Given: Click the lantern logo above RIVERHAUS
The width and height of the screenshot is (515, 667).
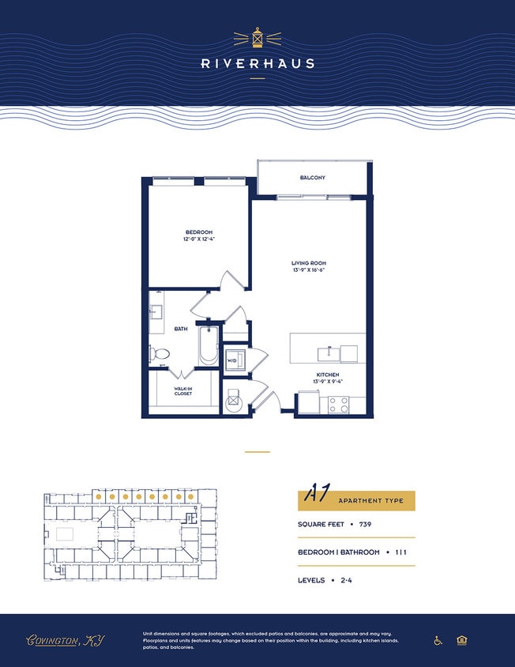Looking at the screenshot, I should coord(257,37).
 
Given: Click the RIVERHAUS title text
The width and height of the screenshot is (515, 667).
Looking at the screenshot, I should coord(257,63).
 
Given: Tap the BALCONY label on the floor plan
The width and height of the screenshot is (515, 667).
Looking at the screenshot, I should coord(312,178).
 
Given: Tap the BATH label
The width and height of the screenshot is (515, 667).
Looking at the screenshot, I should coord(181,329).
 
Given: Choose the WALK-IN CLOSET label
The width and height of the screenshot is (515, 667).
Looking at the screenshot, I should coord(183,390).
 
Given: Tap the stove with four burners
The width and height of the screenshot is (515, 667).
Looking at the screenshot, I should coord(339,405).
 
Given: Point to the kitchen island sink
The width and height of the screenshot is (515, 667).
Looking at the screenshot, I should coord(325,352).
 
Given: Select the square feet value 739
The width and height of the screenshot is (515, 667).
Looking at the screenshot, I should coord(365,524).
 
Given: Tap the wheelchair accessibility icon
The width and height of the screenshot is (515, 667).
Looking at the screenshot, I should coord(438,640).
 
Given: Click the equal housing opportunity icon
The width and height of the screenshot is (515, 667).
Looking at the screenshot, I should coord(462,640).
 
